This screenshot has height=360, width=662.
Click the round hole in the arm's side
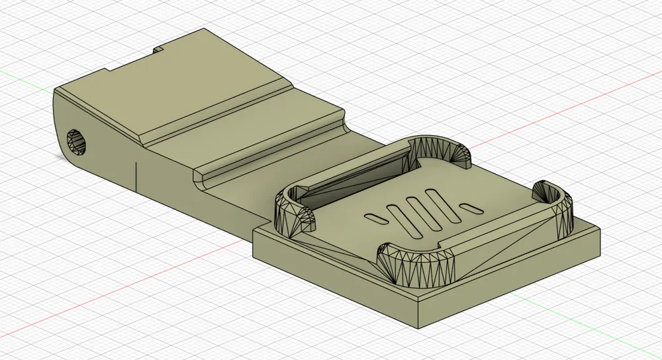tap(77, 142)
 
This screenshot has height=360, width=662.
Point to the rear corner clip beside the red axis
tap(442, 151)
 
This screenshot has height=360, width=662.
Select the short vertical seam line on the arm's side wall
tap(136, 175)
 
